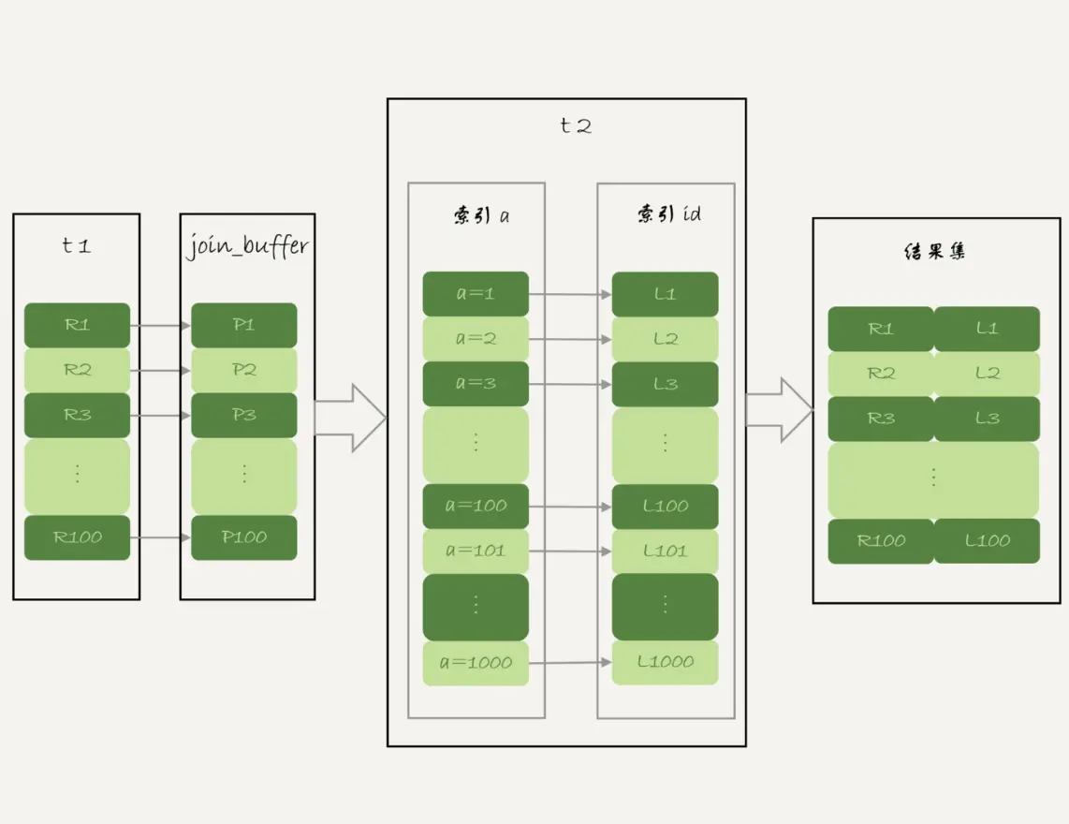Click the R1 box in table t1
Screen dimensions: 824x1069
(77, 325)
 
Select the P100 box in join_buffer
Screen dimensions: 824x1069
(243, 537)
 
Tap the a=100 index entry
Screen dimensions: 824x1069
(476, 506)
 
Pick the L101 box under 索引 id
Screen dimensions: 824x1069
(665, 551)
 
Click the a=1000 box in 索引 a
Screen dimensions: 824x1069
(476, 663)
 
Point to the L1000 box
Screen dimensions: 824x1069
(665, 662)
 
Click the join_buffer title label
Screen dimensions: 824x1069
(247, 248)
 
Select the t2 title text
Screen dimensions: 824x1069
(575, 126)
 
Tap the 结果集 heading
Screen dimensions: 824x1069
(934, 253)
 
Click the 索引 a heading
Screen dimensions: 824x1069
(478, 215)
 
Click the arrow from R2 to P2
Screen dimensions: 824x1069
(160, 371)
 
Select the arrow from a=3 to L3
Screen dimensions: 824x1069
(570, 384)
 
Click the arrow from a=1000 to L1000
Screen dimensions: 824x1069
(570, 663)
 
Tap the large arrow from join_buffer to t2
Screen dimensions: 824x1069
(350, 417)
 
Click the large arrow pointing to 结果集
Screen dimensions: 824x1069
(779, 410)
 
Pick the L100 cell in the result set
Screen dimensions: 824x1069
(987, 541)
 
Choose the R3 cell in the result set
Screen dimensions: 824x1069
(881, 419)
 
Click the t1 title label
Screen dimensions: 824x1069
(76, 247)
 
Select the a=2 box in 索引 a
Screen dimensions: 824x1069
(476, 339)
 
